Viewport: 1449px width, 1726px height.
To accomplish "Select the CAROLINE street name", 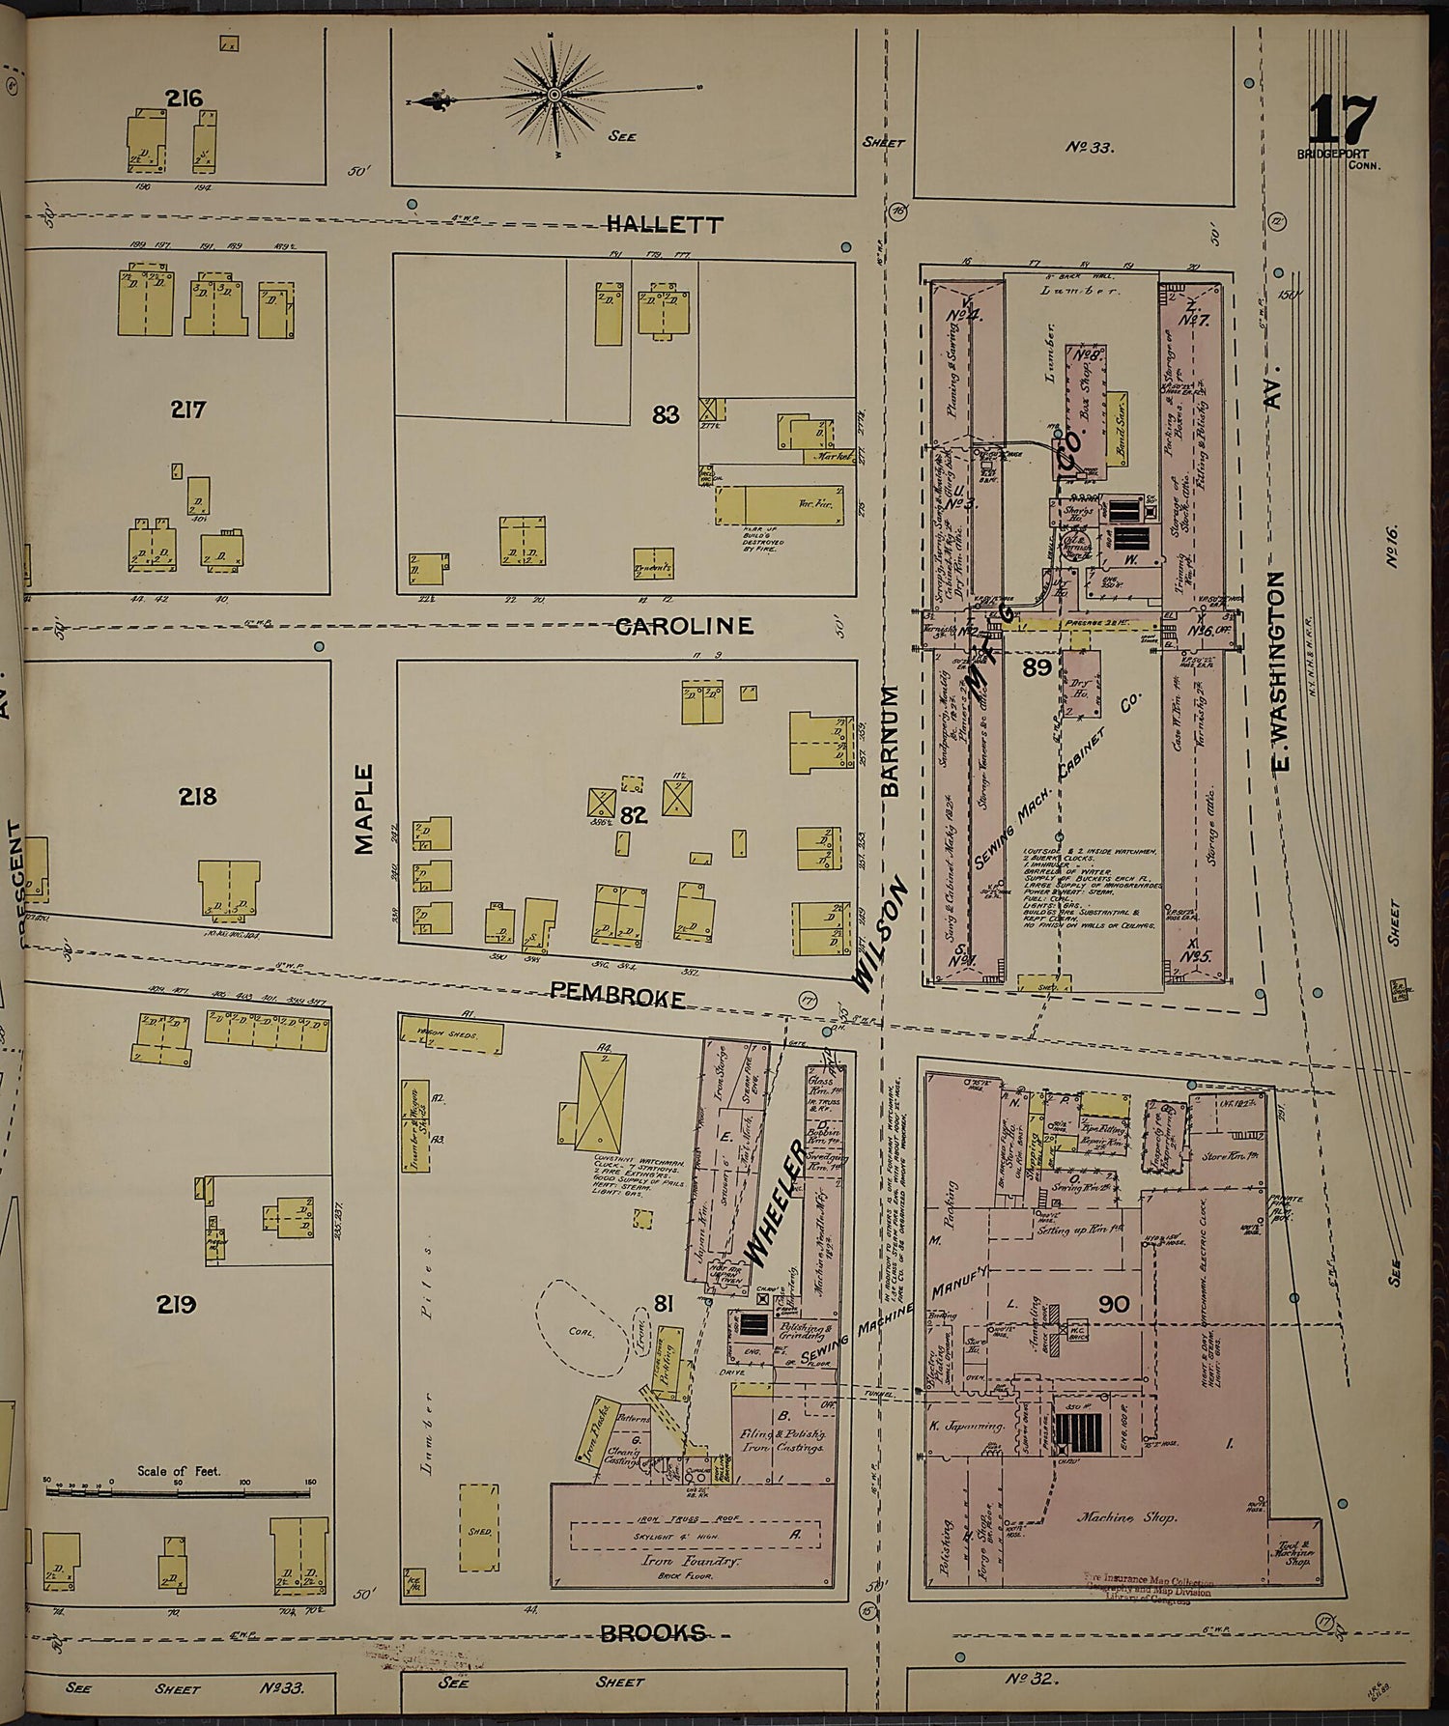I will pos(684,626).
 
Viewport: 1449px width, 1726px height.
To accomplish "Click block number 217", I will pos(187,410).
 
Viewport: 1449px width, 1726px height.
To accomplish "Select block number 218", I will pos(197,797).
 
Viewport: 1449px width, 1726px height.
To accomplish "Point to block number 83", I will pos(666,414).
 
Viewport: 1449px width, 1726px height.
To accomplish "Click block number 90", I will pos(1113,1305).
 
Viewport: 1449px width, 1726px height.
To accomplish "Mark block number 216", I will pos(183,98).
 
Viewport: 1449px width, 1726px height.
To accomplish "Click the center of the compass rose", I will pos(554,95).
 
